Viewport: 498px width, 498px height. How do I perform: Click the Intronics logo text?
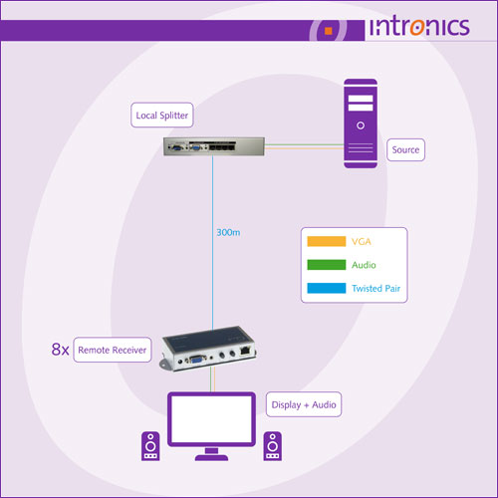point(419,26)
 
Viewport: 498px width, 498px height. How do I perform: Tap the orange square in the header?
point(329,31)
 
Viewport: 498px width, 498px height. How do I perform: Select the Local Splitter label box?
point(162,115)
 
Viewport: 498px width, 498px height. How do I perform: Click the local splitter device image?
point(214,146)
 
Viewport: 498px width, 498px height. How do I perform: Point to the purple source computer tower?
point(361,124)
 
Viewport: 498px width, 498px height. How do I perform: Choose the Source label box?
point(405,149)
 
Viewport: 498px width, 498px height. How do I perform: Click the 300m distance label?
point(228,232)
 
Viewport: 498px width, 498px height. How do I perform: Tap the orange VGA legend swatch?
point(327,241)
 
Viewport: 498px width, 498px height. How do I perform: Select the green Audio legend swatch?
point(327,265)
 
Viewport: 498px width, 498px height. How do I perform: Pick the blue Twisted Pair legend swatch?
point(327,288)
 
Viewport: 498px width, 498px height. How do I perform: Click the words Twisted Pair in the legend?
point(375,288)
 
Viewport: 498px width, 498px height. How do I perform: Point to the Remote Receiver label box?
point(113,350)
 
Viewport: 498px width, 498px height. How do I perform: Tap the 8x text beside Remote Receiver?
point(60,350)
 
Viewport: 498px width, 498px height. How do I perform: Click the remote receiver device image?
point(208,348)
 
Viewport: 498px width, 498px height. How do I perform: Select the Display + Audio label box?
point(304,404)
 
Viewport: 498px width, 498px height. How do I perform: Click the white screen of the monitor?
point(211,419)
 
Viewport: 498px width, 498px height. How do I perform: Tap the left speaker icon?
point(150,446)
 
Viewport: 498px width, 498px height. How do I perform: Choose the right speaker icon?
point(273,446)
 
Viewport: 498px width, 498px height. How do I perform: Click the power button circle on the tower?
point(361,125)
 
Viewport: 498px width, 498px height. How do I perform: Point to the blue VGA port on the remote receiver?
point(197,360)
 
